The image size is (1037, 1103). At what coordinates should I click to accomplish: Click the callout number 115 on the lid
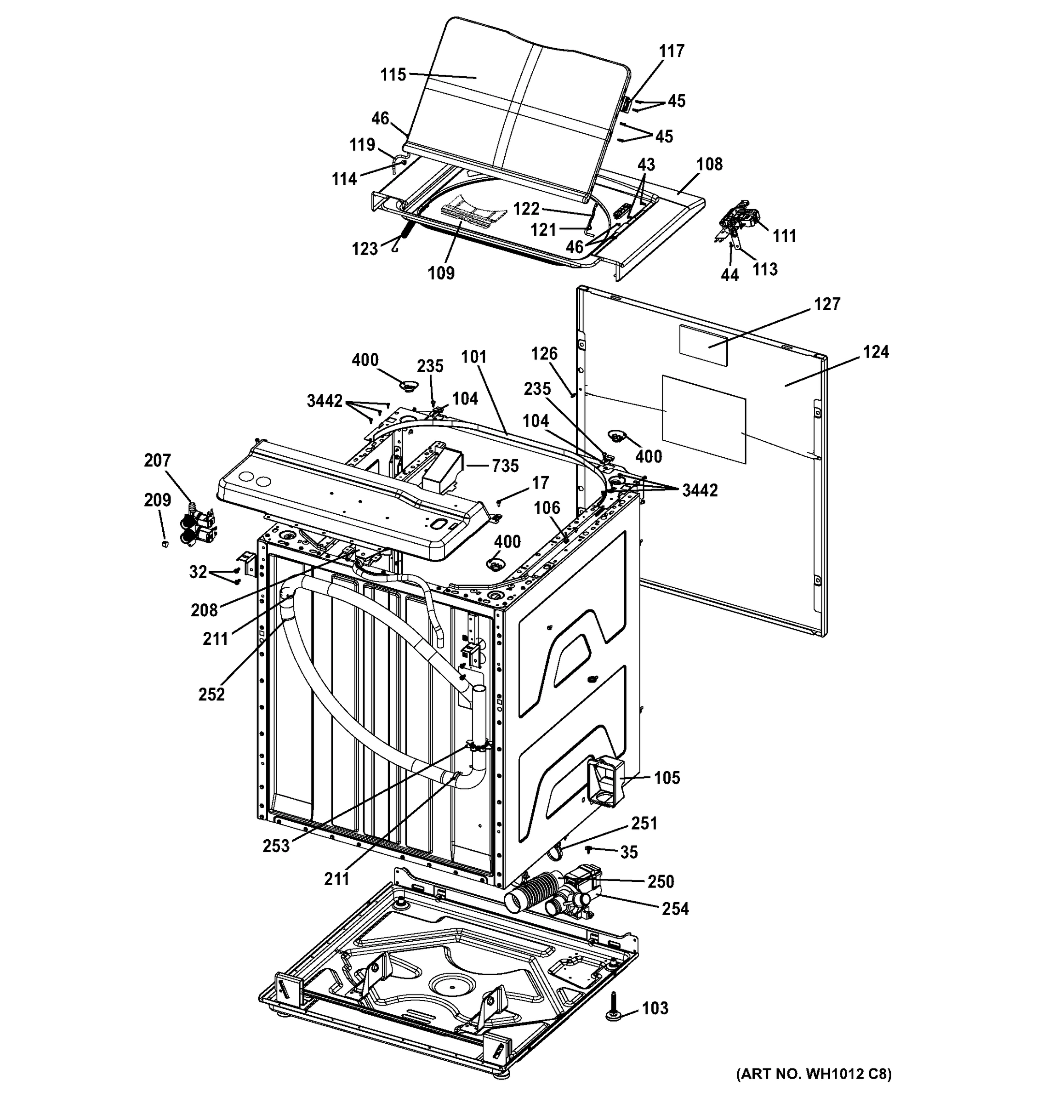pos(393,74)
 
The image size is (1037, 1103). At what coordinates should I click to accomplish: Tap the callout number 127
pos(827,304)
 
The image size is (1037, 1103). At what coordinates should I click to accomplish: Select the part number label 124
pos(876,352)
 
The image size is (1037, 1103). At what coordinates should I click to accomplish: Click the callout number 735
pos(504,466)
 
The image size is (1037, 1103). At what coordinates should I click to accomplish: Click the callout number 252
pos(211,694)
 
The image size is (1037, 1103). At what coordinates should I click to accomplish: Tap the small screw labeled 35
pos(590,849)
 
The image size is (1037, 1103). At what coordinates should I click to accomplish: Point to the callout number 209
pos(158,500)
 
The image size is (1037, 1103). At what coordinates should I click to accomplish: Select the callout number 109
pos(441,273)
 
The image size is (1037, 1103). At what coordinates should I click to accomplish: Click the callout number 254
pos(675,909)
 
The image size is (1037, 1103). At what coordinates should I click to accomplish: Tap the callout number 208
pos(204,610)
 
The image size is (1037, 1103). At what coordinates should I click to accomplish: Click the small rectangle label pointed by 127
pos(703,345)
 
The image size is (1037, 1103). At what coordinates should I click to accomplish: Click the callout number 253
pos(276,846)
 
